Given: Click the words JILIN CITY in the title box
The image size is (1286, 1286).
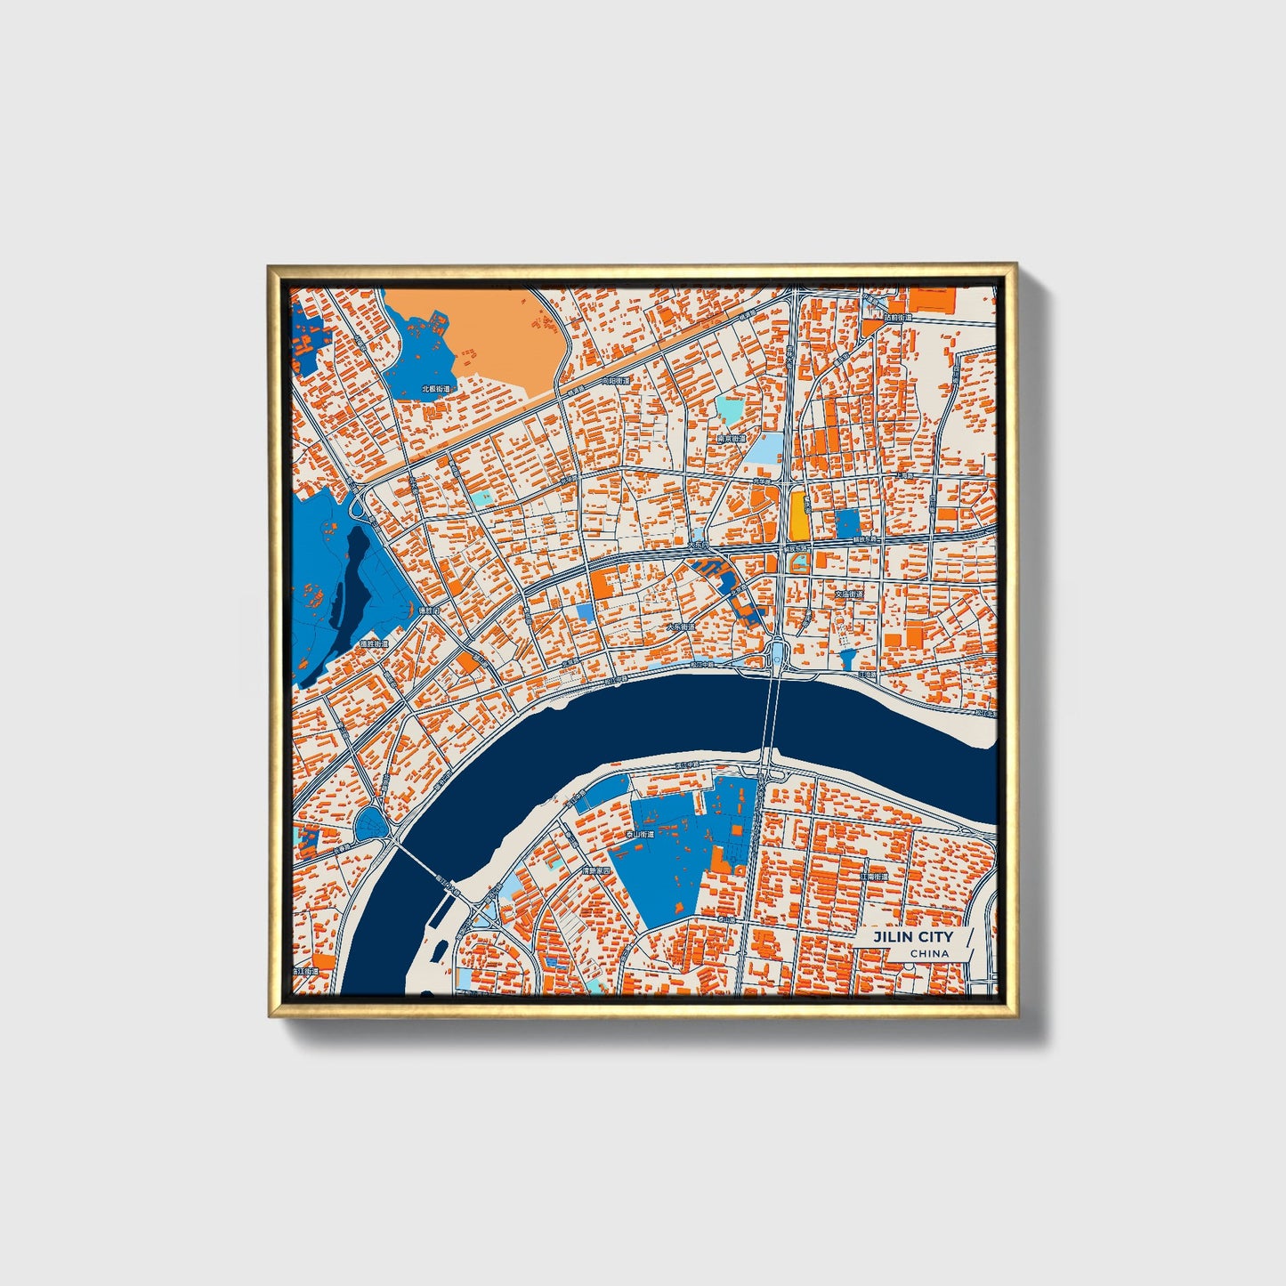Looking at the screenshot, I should coord(912,936).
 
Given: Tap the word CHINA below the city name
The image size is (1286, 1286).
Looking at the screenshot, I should coord(929,953).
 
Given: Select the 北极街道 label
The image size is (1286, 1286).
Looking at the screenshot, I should coord(435,389).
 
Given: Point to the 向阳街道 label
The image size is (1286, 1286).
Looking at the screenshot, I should coord(615,380).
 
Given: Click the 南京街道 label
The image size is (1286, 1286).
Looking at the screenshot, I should coord(731,439).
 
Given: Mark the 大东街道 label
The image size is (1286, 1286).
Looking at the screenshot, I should coord(681,627).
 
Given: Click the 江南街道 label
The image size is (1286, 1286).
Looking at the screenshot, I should coord(874,877).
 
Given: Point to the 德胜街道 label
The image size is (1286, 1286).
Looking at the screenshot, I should coord(374,643).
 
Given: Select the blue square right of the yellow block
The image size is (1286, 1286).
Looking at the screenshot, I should coord(847,522).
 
